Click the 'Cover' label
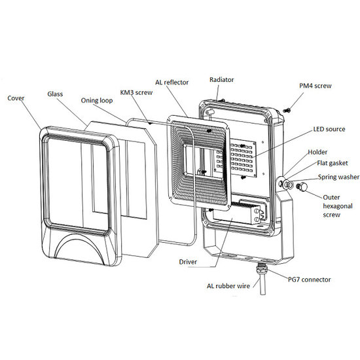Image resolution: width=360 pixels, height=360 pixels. [x=16, y=98]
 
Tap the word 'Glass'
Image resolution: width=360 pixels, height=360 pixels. [x=55, y=94]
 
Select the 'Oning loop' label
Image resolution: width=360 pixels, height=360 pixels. [x=97, y=101]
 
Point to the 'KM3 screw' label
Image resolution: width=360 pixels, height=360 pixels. [x=136, y=92]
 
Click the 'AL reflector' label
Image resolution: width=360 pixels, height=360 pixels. [x=171, y=82]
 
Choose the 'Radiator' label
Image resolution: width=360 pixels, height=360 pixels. [x=221, y=80]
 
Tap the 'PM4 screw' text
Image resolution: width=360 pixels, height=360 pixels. [x=315, y=86]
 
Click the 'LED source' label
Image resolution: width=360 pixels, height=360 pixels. [x=329, y=129]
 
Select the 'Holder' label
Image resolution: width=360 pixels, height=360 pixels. [x=317, y=152]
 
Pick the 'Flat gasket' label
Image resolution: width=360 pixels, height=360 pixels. [x=333, y=163]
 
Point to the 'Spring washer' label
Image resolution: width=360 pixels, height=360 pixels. [x=338, y=177]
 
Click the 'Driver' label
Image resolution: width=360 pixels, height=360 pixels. [x=188, y=262]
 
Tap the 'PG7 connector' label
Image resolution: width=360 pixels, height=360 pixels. [x=309, y=279]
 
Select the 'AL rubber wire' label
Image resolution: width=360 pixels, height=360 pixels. [x=228, y=286]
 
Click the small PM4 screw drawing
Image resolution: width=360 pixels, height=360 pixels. [x=287, y=111]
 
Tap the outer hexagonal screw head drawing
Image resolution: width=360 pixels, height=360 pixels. [x=302, y=187]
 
